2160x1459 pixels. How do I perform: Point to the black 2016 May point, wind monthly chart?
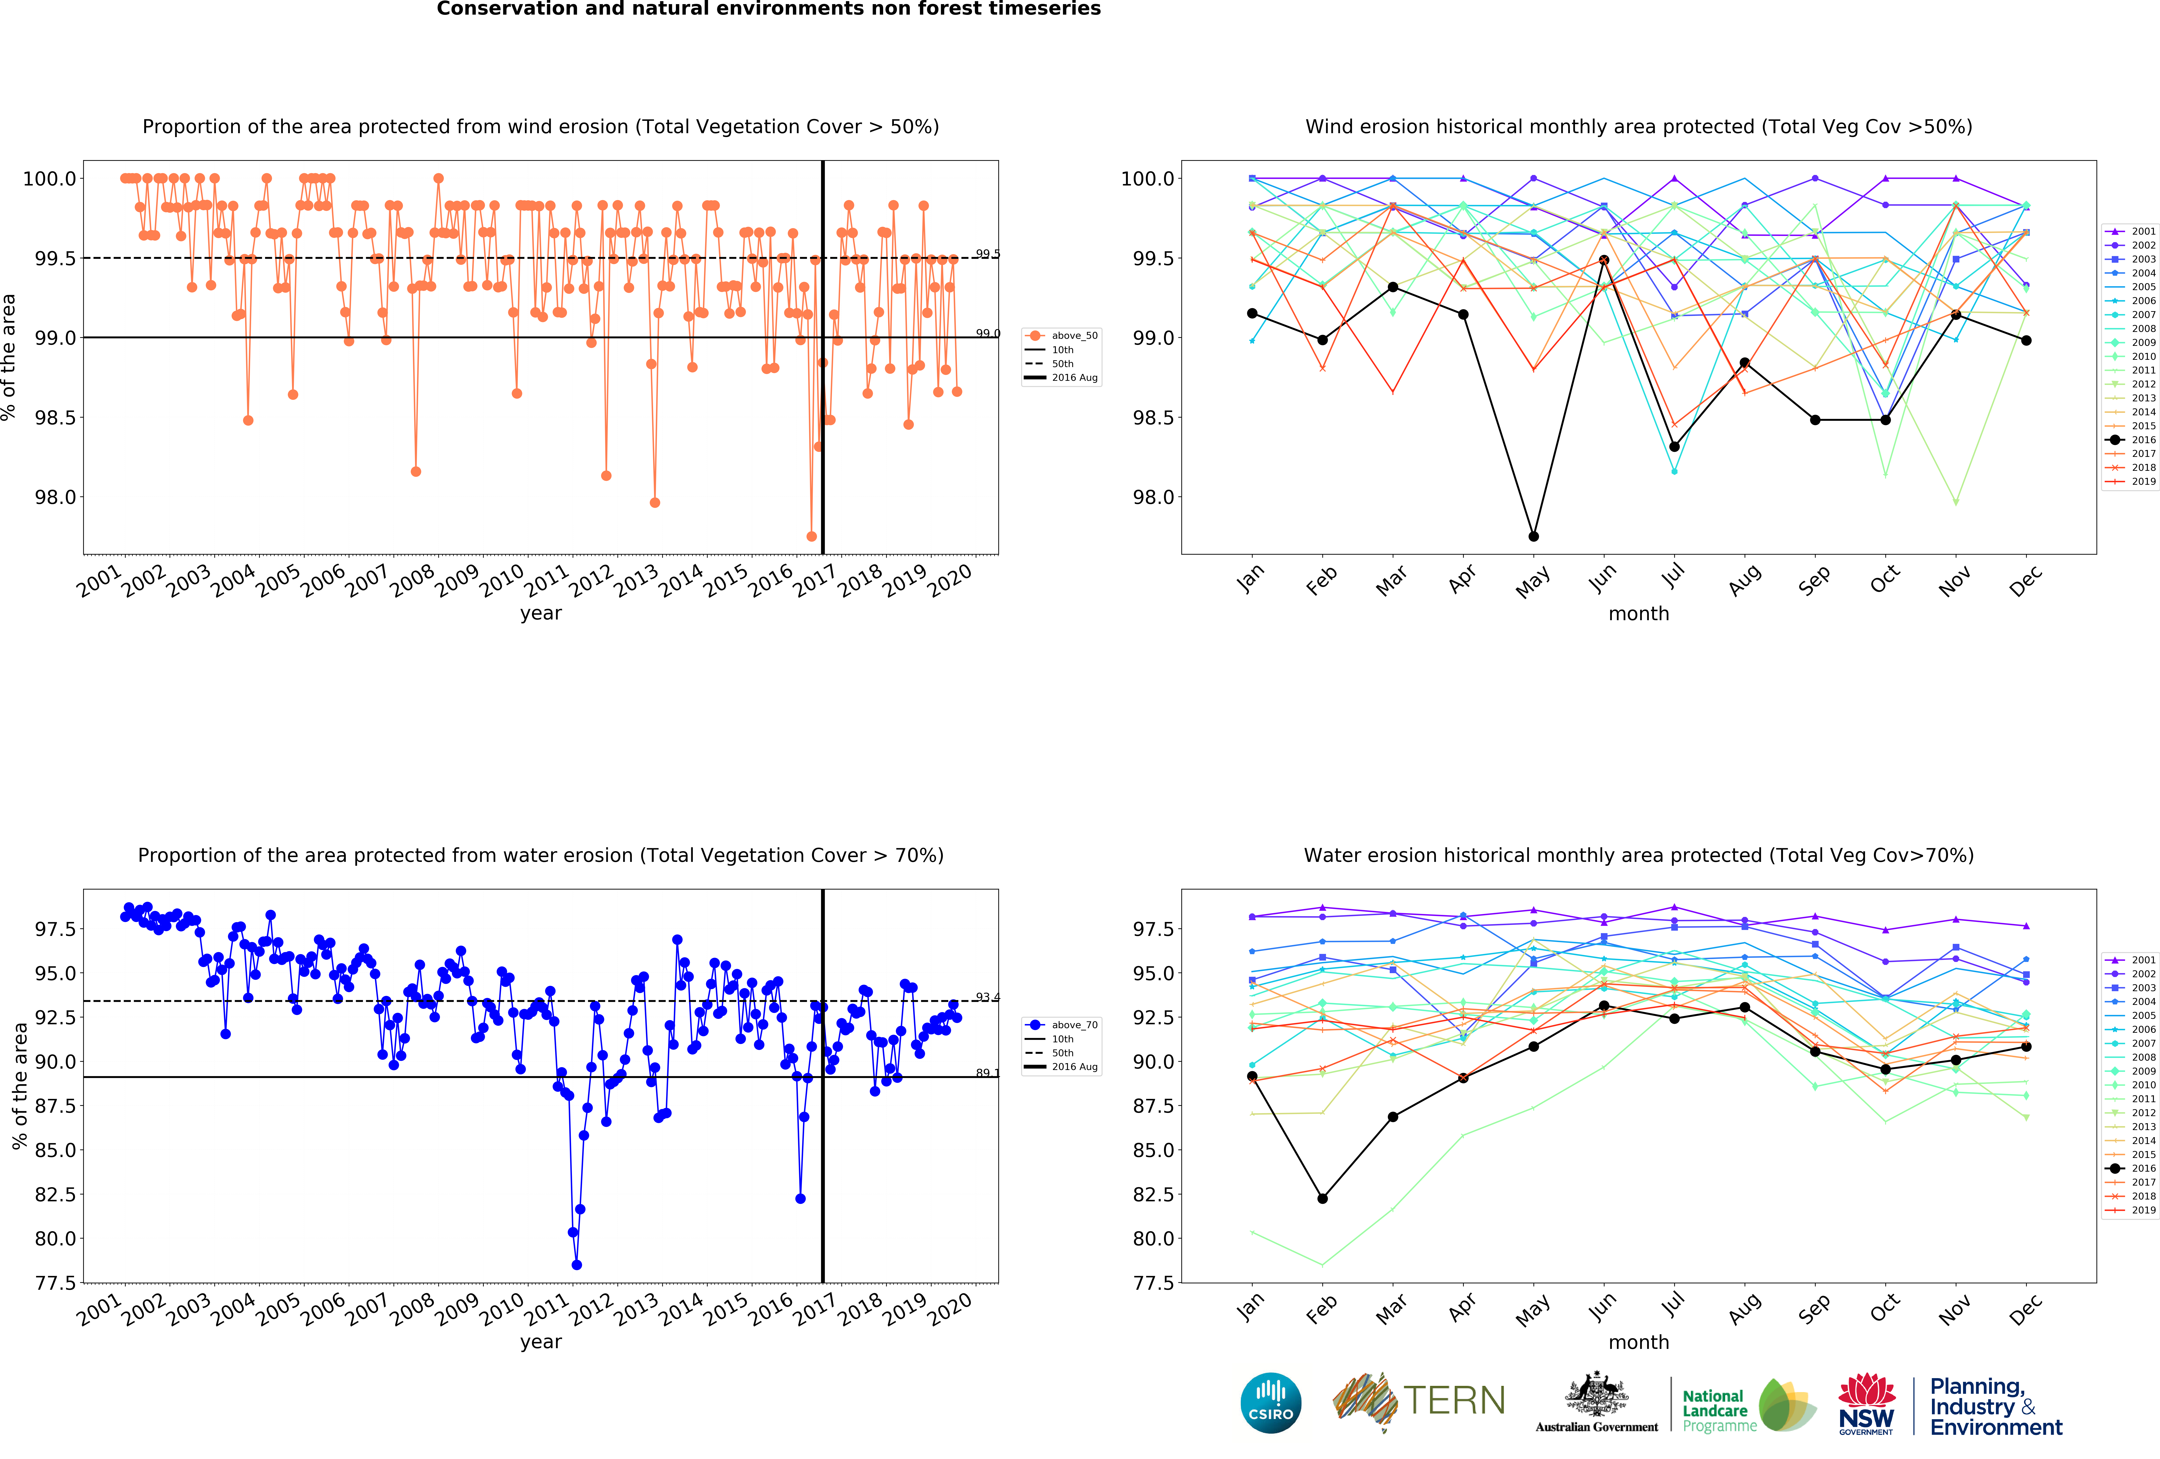pyautogui.click(x=1533, y=536)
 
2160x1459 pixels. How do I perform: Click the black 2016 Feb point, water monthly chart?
pyautogui.click(x=1323, y=1198)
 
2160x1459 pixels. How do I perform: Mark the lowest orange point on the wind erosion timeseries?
pyautogui.click(x=811, y=536)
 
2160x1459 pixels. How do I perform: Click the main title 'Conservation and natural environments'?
pyautogui.click(x=769, y=9)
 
